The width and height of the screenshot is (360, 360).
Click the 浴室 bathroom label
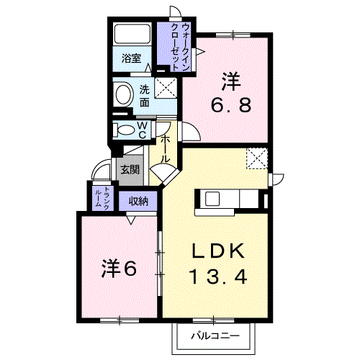click(x=131, y=58)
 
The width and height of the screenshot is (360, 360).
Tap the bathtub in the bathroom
click(x=132, y=34)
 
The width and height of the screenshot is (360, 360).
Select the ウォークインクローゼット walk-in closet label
click(x=180, y=47)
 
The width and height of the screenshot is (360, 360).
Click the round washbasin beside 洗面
click(x=124, y=94)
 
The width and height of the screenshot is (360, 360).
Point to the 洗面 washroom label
click(x=145, y=96)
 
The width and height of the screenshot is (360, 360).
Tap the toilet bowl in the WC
click(x=126, y=130)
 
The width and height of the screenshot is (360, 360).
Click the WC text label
click(x=143, y=130)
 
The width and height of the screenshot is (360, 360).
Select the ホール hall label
click(x=165, y=150)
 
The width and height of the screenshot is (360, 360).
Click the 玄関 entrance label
click(x=130, y=170)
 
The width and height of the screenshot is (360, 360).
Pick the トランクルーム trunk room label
click(x=102, y=198)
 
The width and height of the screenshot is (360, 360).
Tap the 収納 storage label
click(x=138, y=202)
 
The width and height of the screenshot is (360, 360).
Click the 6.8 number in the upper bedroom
click(x=231, y=105)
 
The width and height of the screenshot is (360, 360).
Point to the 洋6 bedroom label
click(x=119, y=269)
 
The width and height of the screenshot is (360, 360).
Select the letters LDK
click(x=218, y=251)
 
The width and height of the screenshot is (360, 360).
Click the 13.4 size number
click(x=218, y=276)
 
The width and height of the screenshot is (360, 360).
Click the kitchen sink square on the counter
click(x=212, y=199)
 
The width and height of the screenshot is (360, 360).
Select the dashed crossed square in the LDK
click(x=257, y=158)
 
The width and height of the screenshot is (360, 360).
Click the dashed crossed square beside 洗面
click(x=166, y=88)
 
